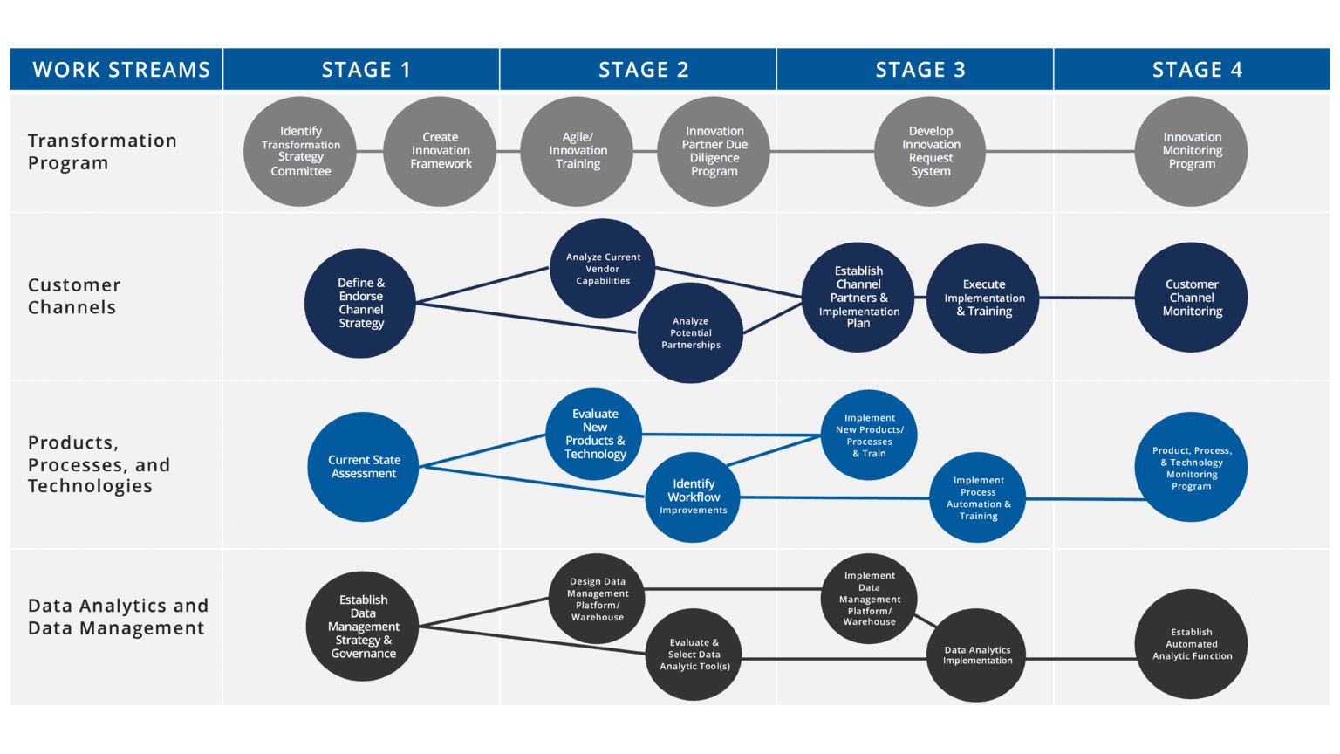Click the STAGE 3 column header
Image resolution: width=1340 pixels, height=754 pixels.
[x=920, y=70]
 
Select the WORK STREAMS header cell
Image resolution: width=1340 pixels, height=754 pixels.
[x=120, y=70]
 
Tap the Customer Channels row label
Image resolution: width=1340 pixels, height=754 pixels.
[x=73, y=296]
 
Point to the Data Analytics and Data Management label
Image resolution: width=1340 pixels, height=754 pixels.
[x=118, y=617]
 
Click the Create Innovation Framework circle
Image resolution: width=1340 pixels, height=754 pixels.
[x=441, y=151]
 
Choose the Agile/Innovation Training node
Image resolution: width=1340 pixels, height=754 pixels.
[x=577, y=151]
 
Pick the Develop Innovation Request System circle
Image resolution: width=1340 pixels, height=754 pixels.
[x=930, y=151]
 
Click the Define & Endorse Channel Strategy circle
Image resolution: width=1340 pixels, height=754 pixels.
[x=360, y=303]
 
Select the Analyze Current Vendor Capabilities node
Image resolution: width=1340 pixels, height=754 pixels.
[x=602, y=268]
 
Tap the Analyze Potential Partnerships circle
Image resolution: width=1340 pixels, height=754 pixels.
[x=690, y=332]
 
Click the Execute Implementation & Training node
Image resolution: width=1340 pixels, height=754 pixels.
[x=983, y=298]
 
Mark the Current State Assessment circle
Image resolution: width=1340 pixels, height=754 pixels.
[x=363, y=467]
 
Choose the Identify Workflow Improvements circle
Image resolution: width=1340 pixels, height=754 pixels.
[x=693, y=497]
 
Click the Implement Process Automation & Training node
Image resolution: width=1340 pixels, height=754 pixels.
[x=978, y=497]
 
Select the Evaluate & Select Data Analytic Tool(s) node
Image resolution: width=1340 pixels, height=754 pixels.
[x=694, y=655]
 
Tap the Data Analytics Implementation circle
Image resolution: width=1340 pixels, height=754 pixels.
[x=977, y=655]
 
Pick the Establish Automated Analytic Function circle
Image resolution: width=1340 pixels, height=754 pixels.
[x=1191, y=644]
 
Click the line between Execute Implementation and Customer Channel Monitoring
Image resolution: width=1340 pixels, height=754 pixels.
[x=1087, y=298]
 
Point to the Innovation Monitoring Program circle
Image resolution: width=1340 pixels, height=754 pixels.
[x=1191, y=151]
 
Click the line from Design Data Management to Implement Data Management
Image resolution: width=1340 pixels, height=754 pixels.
[x=733, y=589]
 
